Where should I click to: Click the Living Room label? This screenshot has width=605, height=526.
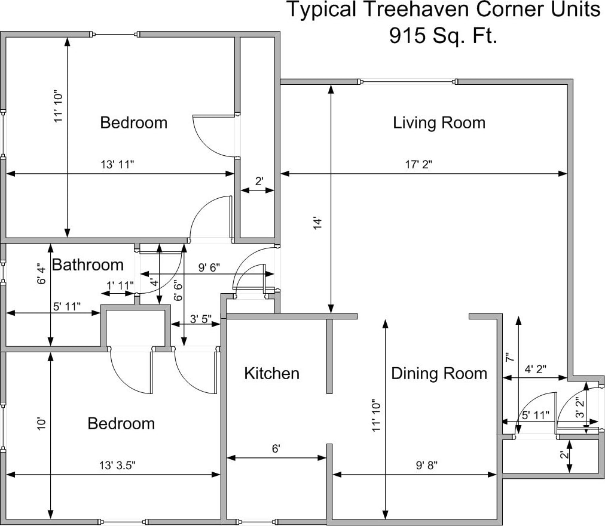point(439,122)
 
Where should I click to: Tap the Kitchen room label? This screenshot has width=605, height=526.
point(271,373)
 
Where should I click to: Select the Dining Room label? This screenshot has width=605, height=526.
point(439,373)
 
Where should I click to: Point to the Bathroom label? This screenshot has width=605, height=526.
point(88,264)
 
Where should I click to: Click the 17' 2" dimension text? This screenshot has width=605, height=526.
point(418,165)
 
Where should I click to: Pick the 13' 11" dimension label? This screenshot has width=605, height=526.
point(117,165)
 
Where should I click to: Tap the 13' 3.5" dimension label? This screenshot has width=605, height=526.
point(117,466)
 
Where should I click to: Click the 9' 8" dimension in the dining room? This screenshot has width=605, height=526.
point(426,466)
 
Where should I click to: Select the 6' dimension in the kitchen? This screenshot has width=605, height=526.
point(276,448)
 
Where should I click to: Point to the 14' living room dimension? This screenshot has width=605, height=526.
point(317,224)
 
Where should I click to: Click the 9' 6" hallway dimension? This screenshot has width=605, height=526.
point(209,267)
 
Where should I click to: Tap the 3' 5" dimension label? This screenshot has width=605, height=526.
point(201,319)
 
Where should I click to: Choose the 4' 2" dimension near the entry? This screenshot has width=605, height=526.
point(535,369)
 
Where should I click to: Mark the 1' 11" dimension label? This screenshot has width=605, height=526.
point(120,285)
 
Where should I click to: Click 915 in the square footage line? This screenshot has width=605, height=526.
point(408,35)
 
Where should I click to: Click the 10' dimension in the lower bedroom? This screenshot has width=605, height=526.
point(41,423)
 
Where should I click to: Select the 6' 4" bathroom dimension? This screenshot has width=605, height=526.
point(41,273)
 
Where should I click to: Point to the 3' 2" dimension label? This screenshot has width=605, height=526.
point(579,408)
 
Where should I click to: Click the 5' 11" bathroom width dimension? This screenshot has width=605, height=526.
point(67,306)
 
